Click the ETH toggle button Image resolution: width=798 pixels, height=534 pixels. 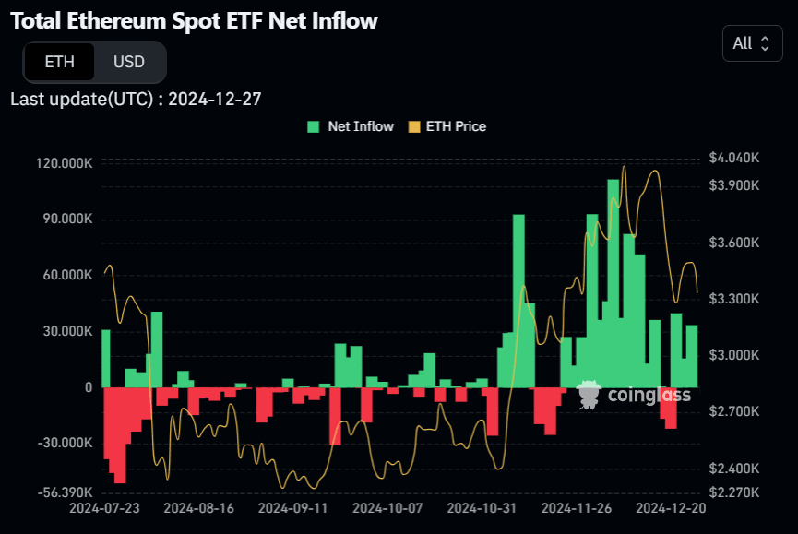60,63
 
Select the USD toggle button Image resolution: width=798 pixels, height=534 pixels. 129,63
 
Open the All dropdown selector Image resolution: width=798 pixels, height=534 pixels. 752,43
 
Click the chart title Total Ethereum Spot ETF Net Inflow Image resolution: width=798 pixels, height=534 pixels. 195,20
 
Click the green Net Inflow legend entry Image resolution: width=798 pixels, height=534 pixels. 351,126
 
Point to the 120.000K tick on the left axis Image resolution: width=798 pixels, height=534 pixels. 65,163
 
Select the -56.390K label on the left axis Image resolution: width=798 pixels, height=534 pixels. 65,492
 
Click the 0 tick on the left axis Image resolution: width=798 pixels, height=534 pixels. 89,387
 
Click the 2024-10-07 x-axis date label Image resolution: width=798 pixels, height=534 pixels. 386,508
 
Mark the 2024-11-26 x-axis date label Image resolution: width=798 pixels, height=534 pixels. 574,508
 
